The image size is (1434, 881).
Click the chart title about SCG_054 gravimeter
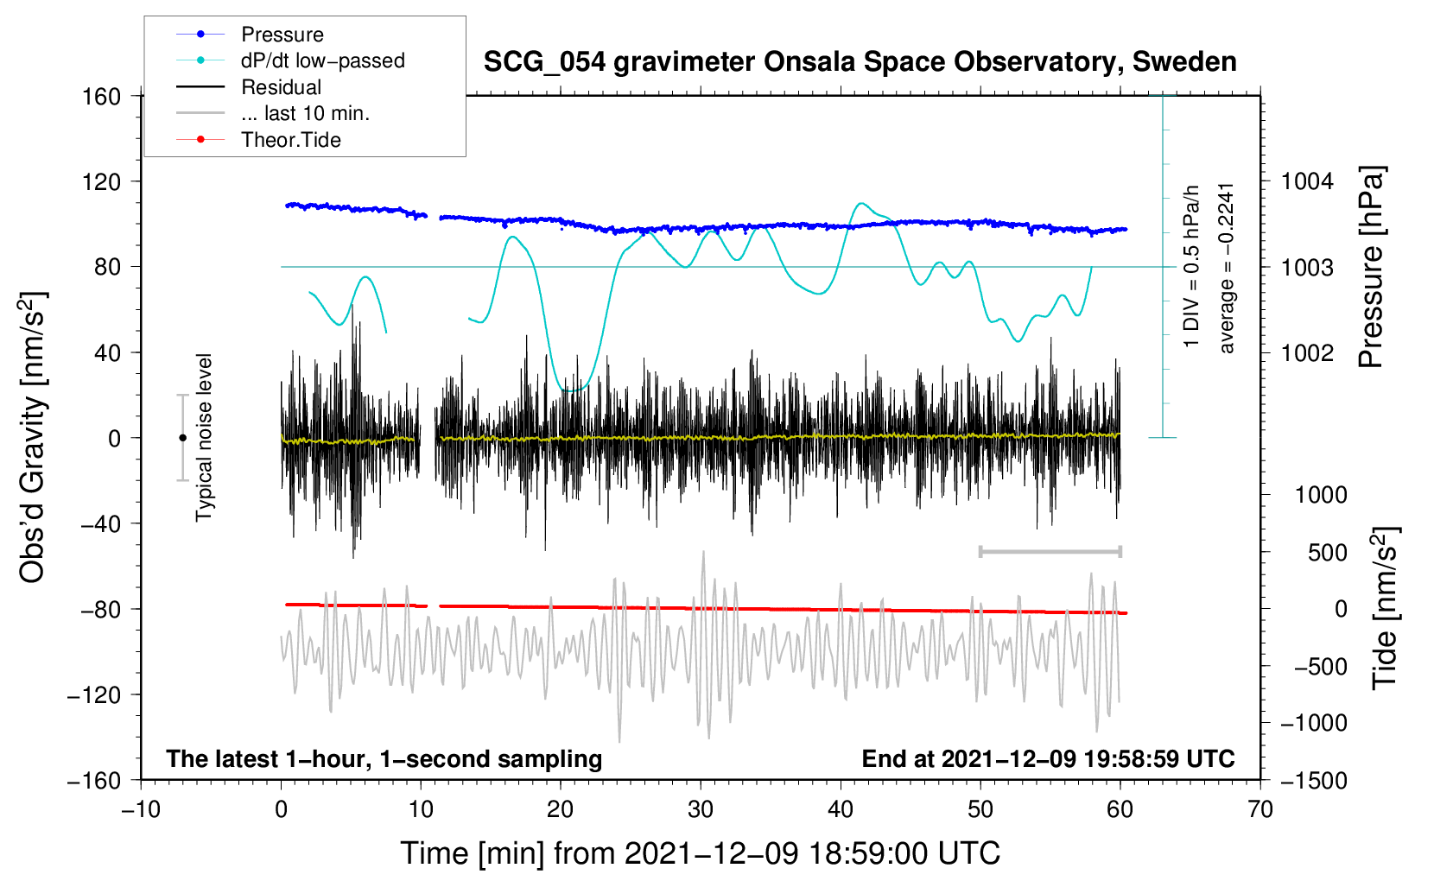860,62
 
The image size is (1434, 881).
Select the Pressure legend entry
282,35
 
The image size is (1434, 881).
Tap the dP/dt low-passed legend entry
322,60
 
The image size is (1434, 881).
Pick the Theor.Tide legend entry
290,140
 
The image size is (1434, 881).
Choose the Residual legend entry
281,87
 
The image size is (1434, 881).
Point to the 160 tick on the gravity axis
102,96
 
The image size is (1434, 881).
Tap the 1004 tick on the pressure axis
1307,181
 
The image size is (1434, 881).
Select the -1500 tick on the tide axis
1314,780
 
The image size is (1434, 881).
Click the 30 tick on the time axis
701,809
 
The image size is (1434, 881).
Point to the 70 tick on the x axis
1260,809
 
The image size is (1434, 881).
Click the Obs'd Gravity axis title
33,437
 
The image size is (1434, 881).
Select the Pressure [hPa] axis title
1371,267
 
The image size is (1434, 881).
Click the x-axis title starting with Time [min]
700,853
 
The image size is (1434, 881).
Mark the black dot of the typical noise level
182,438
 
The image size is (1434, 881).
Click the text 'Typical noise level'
204,437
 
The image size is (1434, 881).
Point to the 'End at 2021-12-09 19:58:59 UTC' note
1048,758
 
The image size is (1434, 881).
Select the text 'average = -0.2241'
1227,268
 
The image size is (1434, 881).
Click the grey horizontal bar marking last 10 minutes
1050,551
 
